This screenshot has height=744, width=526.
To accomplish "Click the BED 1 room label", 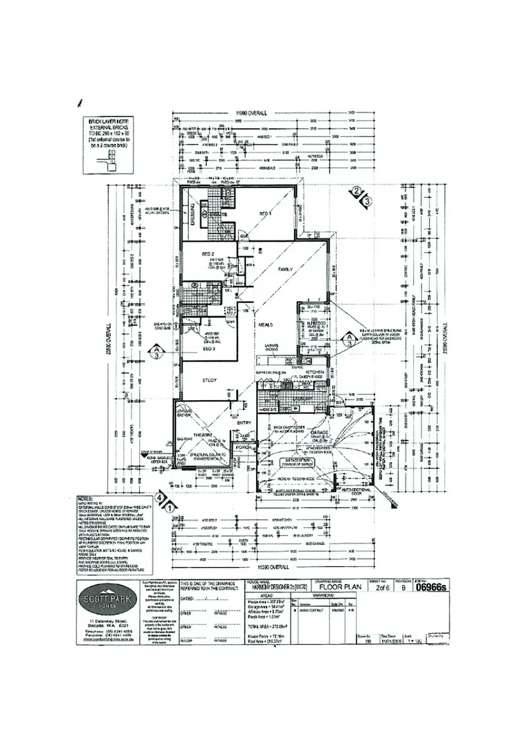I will pyautogui.click(x=265, y=215).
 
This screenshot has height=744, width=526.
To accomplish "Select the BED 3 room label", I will pyautogui.click(x=210, y=349).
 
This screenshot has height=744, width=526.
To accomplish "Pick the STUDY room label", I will pyautogui.click(x=209, y=380).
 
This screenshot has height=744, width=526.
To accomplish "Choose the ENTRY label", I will pyautogui.click(x=244, y=423).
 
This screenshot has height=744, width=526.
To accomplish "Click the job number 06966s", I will pyautogui.click(x=434, y=587).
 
